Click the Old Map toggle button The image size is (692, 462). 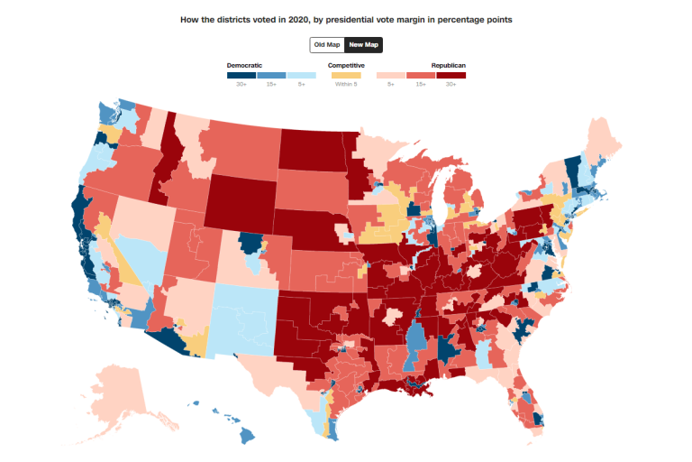coord(327,44)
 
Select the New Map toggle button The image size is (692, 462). coord(364,44)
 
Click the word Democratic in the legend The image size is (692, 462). coord(244,65)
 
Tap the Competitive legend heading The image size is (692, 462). coord(346,65)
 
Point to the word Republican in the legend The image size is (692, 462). coord(448,65)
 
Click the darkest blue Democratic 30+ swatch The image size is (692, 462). coord(241,75)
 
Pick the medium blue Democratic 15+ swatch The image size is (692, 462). coord(271,75)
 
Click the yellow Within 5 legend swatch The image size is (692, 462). coord(346,75)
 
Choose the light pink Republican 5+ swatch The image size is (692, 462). coord(391,75)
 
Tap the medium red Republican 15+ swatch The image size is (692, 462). coord(421,75)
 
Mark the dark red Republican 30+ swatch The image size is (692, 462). coord(451,75)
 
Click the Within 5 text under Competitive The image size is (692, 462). coord(346,84)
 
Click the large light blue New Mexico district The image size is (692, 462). coord(241,316)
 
